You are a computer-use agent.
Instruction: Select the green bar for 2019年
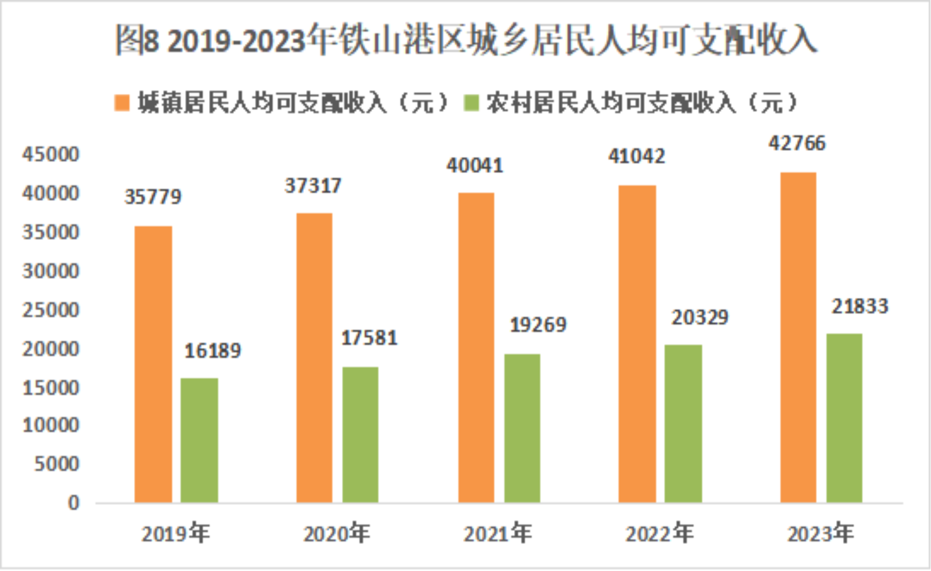[199, 440]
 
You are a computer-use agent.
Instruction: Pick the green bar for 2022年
[683, 423]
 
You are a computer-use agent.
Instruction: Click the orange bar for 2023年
[798, 337]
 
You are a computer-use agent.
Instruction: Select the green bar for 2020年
[360, 434]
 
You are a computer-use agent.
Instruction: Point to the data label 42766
[797, 143]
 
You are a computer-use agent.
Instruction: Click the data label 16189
[213, 351]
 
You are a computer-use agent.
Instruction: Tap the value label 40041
[474, 166]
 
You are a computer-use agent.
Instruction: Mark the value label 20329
[700, 318]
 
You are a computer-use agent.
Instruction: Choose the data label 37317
[313, 186]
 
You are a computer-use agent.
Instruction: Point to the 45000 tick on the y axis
[51, 154]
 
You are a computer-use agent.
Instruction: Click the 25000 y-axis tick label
[51, 310]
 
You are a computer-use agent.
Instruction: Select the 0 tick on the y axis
[73, 503]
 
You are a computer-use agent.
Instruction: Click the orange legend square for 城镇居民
[121, 103]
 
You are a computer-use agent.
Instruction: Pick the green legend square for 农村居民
[471, 103]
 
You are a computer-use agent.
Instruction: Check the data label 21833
[860, 307]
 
